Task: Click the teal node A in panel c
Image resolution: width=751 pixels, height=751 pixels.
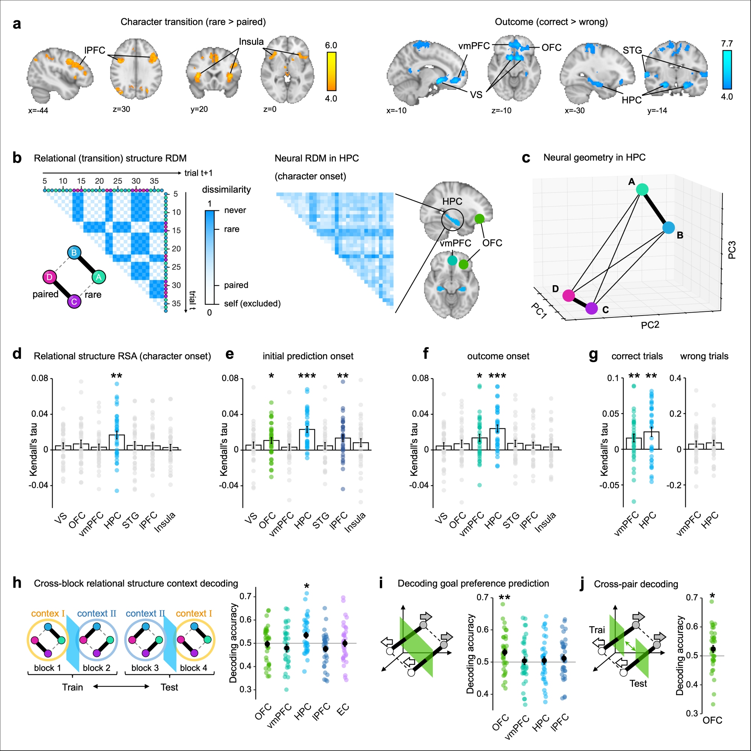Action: point(642,189)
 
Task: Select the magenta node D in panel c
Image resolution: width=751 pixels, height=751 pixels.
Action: point(569,295)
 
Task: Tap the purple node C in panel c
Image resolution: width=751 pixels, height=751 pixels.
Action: point(591,308)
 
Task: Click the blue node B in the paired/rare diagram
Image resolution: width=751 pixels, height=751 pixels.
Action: point(74,253)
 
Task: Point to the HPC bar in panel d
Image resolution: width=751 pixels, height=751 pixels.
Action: point(116,442)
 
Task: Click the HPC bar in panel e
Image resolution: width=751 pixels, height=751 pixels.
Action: point(307,440)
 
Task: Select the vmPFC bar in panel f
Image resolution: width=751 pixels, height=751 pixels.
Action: point(479,444)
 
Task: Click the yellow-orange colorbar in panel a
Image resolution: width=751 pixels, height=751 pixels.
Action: point(331,71)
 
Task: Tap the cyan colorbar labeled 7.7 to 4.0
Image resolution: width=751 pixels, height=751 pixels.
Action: point(727,70)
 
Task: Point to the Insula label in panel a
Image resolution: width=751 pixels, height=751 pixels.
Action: point(251,42)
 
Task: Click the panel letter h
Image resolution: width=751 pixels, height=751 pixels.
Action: point(17,583)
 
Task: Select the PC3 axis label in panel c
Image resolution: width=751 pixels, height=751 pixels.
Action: point(732,250)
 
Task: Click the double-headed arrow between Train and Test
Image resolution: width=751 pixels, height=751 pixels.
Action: point(121,686)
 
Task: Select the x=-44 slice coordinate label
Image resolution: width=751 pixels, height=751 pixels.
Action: point(38,110)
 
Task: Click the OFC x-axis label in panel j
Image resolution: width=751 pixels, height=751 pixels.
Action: point(712,720)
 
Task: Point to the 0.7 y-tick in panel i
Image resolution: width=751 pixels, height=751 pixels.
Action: point(482,597)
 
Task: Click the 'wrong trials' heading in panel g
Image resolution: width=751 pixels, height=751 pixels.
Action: point(704,356)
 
